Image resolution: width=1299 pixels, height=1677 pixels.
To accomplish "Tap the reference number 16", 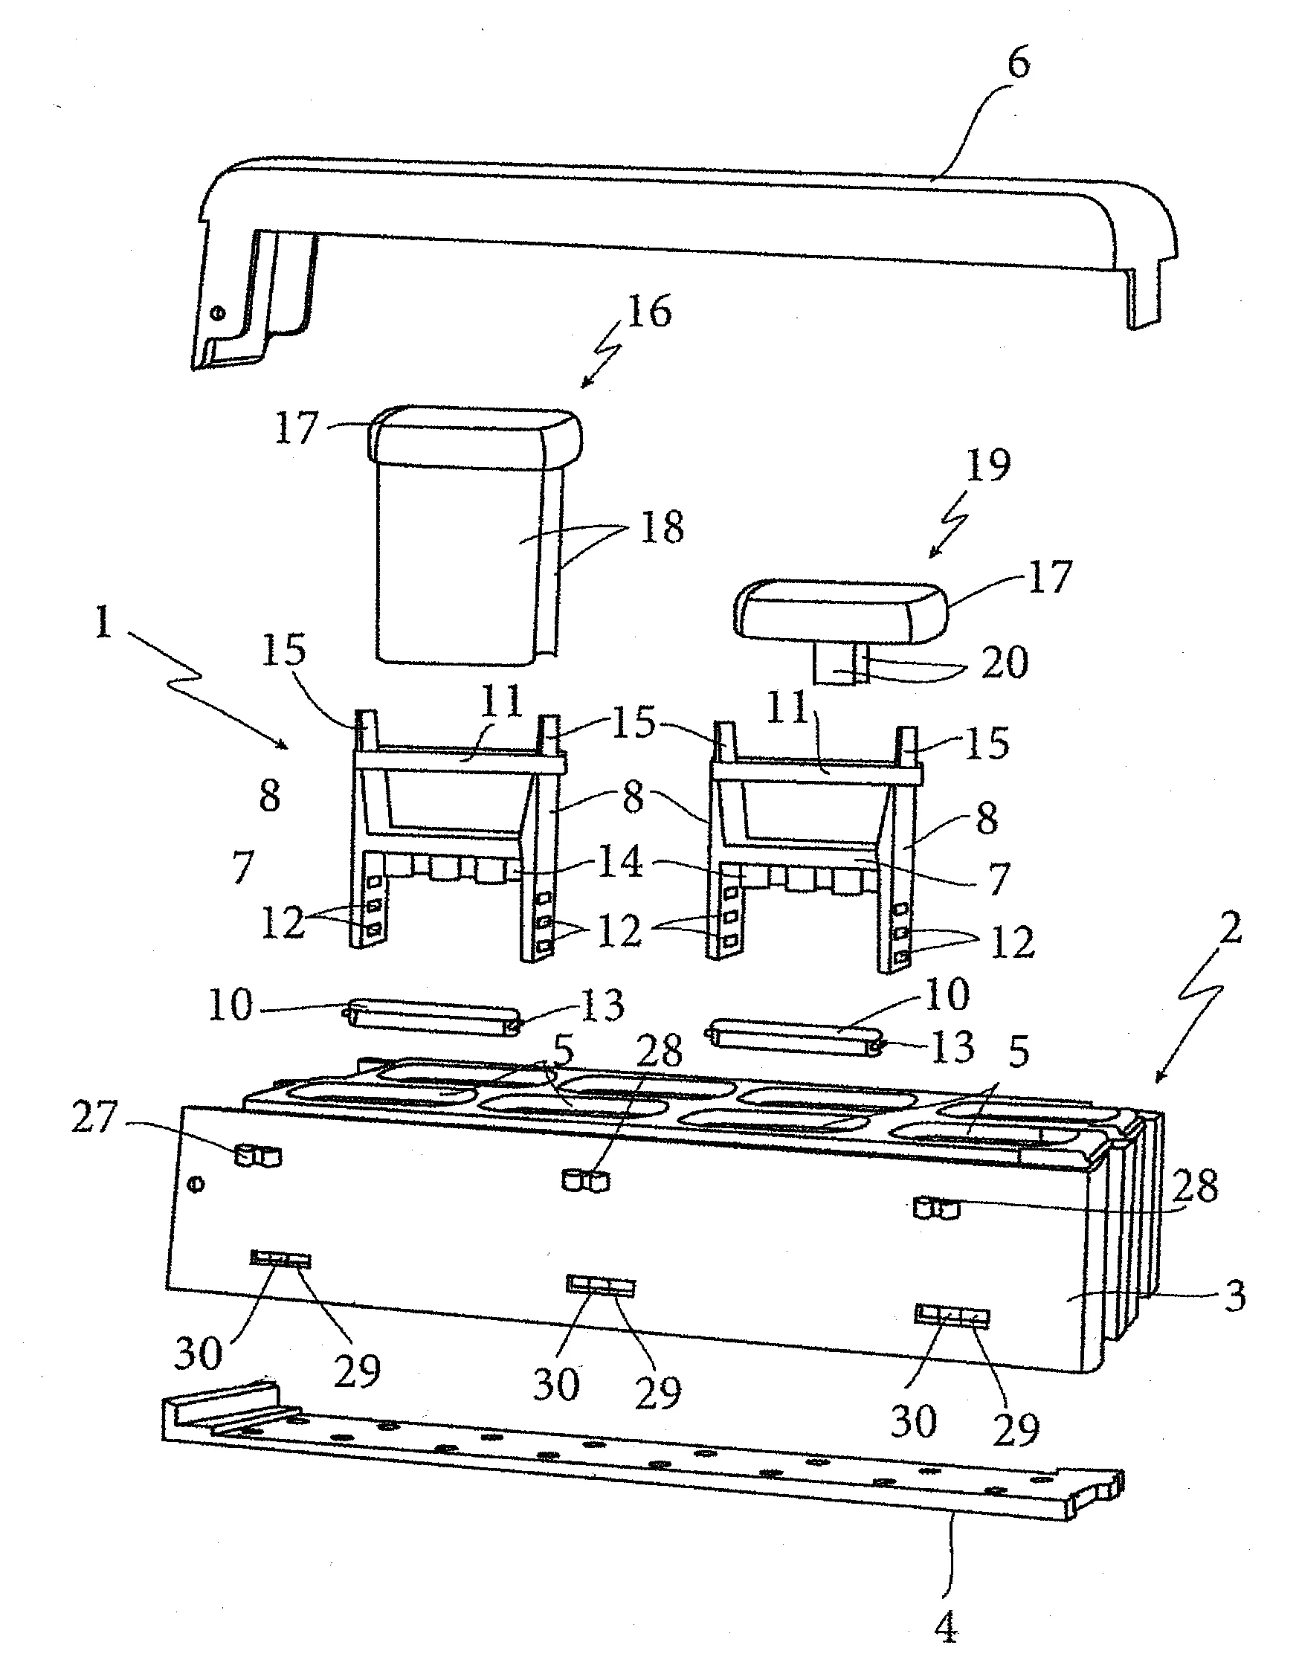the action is point(648,311).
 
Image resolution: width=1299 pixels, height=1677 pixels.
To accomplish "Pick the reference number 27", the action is point(94,1116).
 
